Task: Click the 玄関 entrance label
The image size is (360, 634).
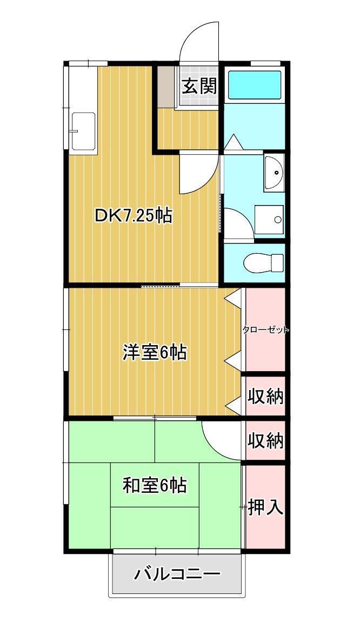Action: [x=199, y=86]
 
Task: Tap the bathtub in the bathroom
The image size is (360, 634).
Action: [x=255, y=85]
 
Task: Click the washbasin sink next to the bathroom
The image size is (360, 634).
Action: [x=275, y=173]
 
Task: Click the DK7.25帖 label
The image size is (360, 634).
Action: [x=134, y=216]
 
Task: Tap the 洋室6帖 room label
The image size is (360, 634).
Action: [x=155, y=352]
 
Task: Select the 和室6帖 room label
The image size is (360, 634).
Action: [x=155, y=485]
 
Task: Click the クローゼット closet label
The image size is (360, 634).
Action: [x=266, y=329]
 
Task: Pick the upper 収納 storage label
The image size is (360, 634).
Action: [x=265, y=396]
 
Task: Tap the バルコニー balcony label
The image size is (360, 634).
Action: [x=178, y=574]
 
